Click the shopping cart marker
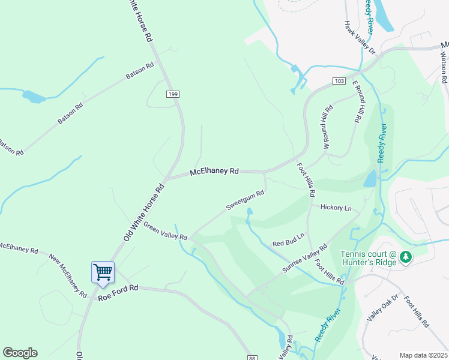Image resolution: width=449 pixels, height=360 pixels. [103, 272]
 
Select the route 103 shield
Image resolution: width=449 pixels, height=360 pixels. [339, 80]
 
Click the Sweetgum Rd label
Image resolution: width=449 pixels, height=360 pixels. [245, 201]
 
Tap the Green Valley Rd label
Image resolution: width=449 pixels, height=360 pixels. [165, 230]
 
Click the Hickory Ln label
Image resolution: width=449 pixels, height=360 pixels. [336, 208]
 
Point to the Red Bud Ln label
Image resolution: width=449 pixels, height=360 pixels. [289, 239]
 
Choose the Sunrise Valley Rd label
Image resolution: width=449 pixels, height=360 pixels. [305, 259]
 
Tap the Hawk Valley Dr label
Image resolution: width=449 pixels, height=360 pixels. [360, 38]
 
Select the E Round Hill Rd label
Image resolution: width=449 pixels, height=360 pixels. [358, 102]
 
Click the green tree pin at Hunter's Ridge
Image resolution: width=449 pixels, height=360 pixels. [406, 257]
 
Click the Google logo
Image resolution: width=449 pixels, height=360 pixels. [20, 353]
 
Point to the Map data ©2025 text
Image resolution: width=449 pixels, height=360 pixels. [423, 355]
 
